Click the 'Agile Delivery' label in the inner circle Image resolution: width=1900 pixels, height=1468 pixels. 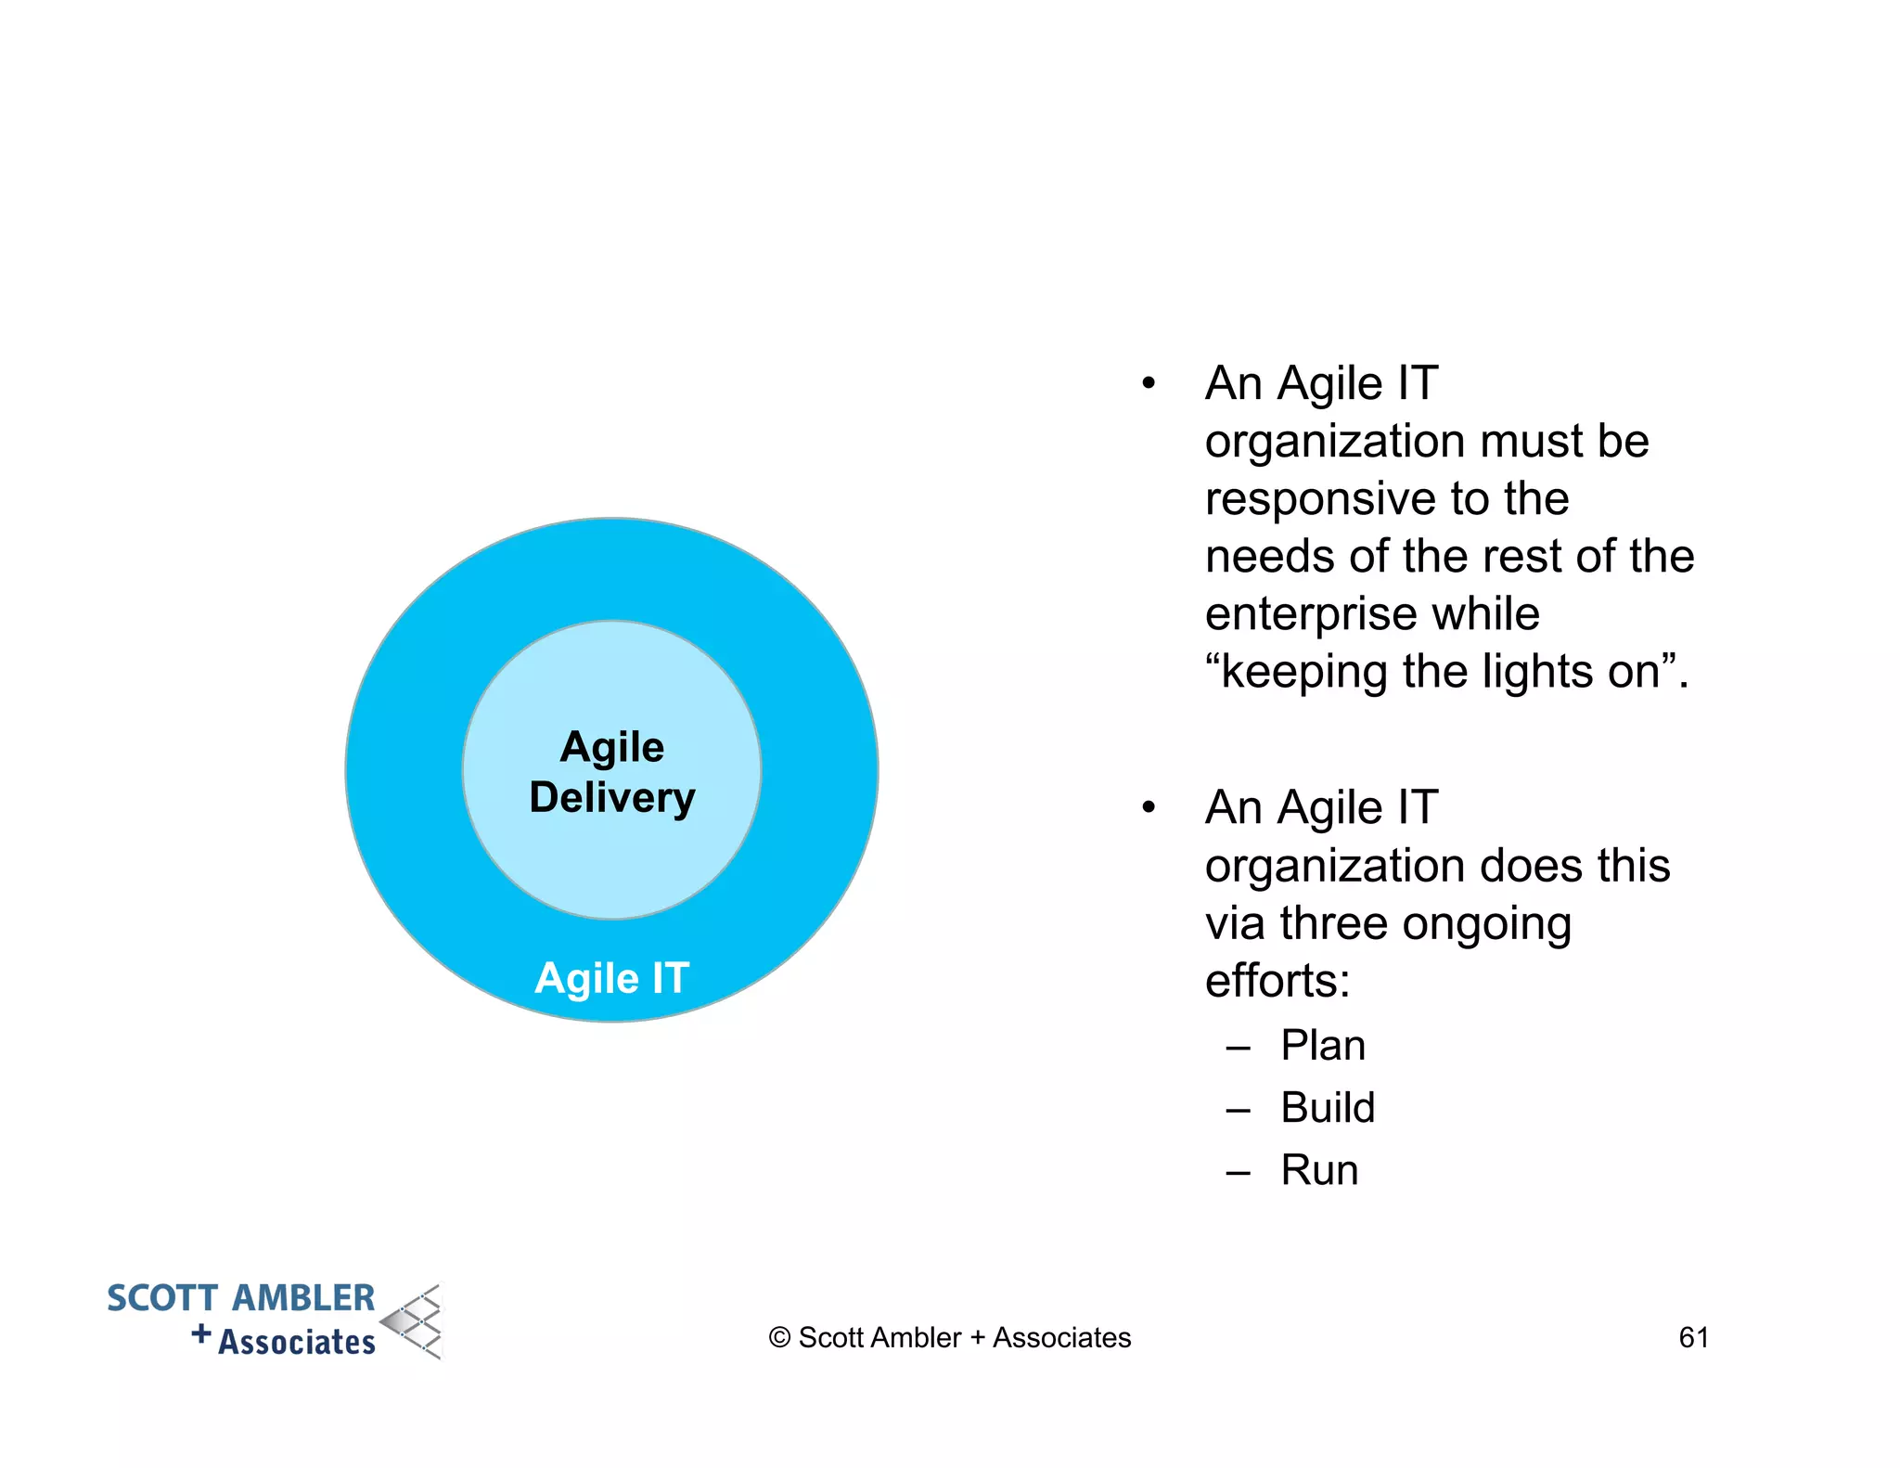612,772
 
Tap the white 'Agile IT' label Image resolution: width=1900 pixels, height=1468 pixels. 612,978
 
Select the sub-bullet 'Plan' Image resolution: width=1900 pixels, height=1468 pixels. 1323,1046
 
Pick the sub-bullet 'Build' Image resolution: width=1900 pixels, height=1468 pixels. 1328,1108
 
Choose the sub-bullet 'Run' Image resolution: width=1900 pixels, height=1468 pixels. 1319,1170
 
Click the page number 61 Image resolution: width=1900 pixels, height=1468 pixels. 1693,1337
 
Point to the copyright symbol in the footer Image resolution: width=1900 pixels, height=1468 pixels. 779,1338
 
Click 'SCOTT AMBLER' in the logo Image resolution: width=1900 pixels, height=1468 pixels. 240,1298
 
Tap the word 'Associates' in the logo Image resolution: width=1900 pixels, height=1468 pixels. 297,1342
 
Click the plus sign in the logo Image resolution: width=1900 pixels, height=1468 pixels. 201,1334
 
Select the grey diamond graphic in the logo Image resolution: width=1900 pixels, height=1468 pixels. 414,1321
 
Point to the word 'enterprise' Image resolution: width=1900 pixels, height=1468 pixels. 1304,615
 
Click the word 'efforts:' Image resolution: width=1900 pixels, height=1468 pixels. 1277,981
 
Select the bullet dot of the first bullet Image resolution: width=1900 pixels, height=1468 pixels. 1149,383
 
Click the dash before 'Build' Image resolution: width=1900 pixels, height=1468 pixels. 1239,1110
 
